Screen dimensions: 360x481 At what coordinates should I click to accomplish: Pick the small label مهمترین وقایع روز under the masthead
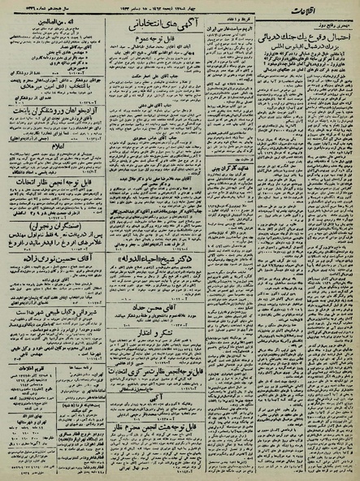[x=333, y=28]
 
